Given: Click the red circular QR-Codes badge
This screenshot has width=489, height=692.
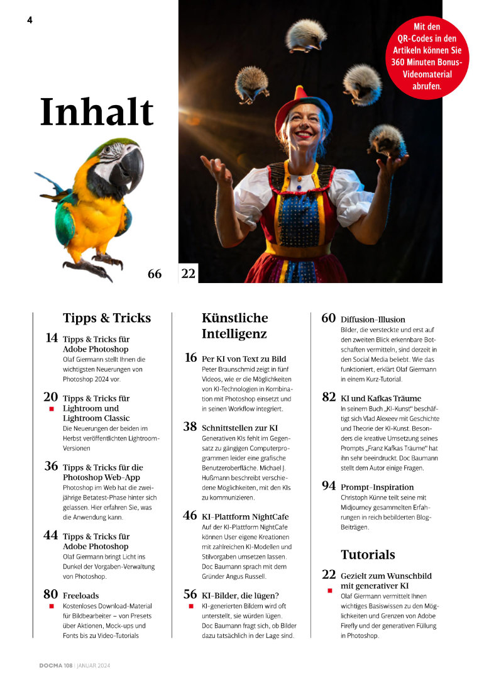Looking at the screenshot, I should [x=427, y=57].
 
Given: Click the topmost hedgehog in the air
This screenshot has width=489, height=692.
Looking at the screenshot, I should [x=306, y=35].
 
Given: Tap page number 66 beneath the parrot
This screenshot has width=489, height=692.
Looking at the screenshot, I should [x=155, y=274].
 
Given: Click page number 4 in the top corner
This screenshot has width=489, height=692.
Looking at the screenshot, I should [x=30, y=20].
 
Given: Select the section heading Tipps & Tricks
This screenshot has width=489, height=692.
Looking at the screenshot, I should [x=107, y=318].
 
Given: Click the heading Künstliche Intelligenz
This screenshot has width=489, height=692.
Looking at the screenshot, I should [x=234, y=325].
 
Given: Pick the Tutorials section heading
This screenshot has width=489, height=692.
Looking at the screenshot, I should [x=368, y=554].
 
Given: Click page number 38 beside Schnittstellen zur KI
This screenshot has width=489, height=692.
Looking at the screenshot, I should [x=190, y=427].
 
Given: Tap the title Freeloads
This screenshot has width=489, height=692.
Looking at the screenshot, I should [x=80, y=594].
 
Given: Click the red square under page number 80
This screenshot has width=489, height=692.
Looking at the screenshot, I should [x=52, y=606].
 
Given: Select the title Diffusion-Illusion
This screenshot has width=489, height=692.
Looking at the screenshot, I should [x=373, y=319].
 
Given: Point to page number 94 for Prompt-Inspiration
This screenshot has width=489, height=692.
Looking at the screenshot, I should [x=328, y=486].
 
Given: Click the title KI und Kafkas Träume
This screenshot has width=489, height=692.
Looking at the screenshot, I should [x=381, y=398].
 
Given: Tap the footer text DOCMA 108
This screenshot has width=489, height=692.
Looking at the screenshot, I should [x=53, y=665].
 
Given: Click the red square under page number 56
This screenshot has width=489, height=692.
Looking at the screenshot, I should [x=190, y=606].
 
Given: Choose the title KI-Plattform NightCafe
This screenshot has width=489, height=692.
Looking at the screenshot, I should [x=250, y=516].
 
